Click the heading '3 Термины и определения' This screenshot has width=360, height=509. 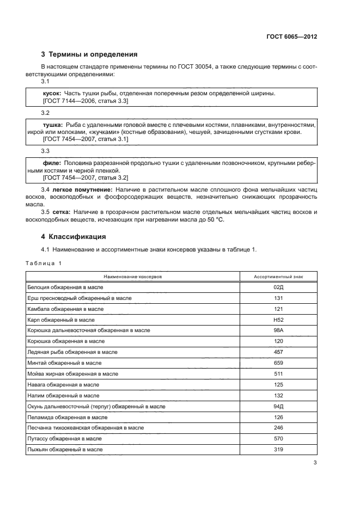pyautogui.click(x=89, y=54)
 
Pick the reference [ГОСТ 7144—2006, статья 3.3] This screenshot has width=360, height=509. pyautogui.click(x=85, y=101)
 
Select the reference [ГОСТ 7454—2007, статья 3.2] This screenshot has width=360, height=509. pyautogui.click(x=85, y=178)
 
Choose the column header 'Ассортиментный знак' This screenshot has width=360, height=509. pyautogui.click(x=278, y=277)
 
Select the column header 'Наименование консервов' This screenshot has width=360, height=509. pyautogui.click(x=132, y=277)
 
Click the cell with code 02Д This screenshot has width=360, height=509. pyautogui.click(x=278, y=286)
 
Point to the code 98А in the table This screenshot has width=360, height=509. pyautogui.click(x=278, y=330)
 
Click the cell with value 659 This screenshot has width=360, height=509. pyautogui.click(x=278, y=363)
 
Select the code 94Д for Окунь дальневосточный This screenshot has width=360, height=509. pyautogui.click(x=278, y=406)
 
